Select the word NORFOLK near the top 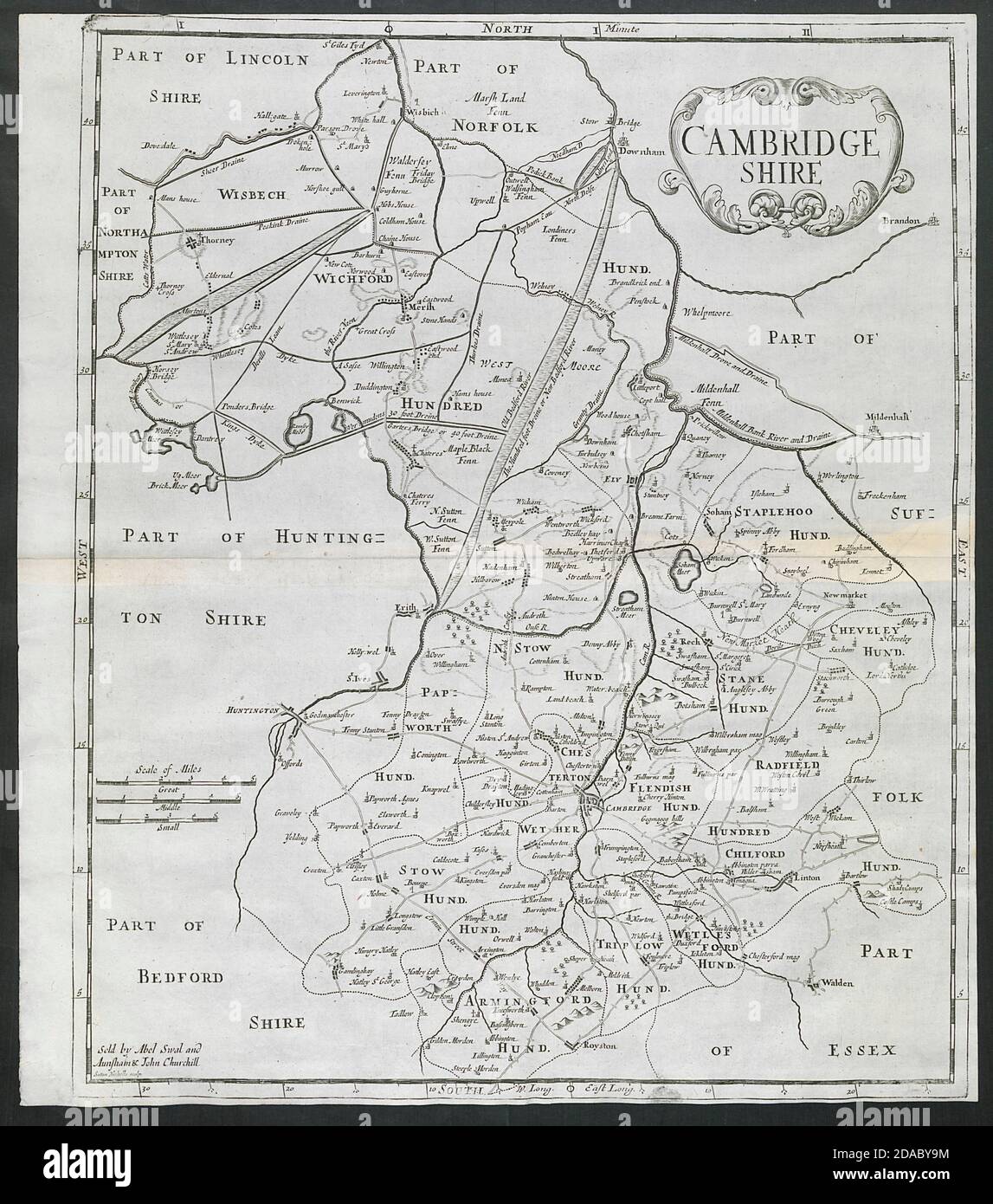pos(496,126)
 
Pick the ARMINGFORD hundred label pos(529,1002)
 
